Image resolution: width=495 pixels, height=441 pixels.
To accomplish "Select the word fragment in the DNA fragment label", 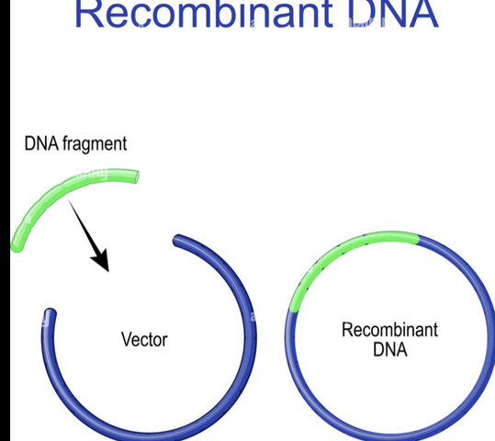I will pyautogui.click(x=95, y=144).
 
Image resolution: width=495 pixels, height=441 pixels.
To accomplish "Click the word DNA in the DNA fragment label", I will pyautogui.click(x=41, y=144).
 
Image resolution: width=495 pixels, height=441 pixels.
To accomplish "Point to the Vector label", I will pyautogui.click(x=144, y=340).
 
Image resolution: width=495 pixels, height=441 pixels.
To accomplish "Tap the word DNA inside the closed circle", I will pyautogui.click(x=389, y=350).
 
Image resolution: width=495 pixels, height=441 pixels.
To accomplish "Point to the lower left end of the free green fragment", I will pyautogui.click(x=16, y=245).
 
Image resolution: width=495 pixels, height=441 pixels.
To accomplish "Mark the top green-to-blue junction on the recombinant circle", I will pyautogui.click(x=418, y=240).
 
